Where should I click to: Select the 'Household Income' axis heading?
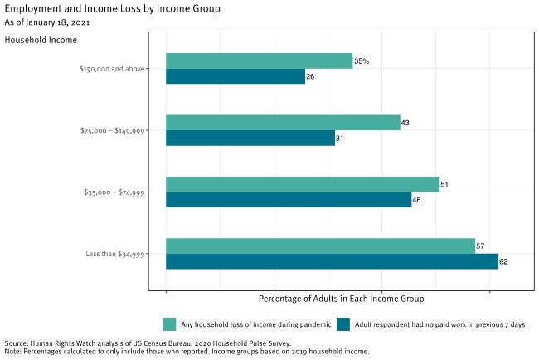tap(41, 39)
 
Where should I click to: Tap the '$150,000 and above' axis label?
tap(109, 69)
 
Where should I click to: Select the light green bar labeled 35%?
tap(259, 61)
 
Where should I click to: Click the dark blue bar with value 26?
tap(235, 77)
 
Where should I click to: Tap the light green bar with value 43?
tap(282, 123)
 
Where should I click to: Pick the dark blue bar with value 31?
tap(250, 139)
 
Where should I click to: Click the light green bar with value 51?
tap(302, 184)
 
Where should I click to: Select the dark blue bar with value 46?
tap(288, 200)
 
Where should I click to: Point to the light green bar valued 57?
tap(319, 246)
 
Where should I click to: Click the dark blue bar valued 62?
tap(332, 262)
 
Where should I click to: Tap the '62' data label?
tap(503, 262)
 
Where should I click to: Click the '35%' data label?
tap(362, 61)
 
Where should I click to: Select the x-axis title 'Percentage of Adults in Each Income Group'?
tap(341, 298)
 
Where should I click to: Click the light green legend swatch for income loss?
tap(169, 324)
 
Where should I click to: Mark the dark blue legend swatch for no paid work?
tap(342, 324)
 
